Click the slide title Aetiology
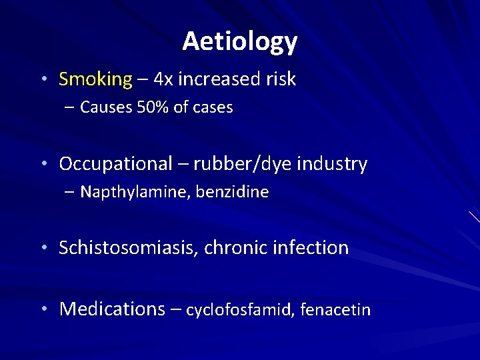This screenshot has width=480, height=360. [x=239, y=41]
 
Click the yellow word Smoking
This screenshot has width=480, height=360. [x=95, y=79]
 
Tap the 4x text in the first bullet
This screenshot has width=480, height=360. [x=163, y=79]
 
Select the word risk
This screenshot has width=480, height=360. [x=280, y=79]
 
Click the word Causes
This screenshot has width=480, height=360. [x=104, y=107]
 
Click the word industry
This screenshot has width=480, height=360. [x=333, y=164]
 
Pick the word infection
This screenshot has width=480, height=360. [x=310, y=248]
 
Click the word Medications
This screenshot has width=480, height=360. [x=112, y=309]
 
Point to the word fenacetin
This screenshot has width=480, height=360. [x=335, y=310]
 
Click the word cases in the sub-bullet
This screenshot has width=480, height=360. [x=213, y=107]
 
